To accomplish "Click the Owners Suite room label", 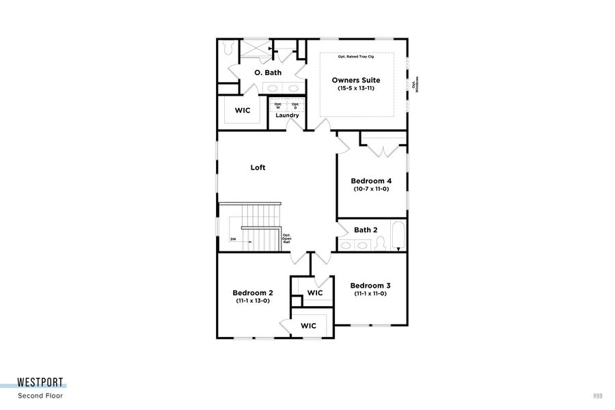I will pyautogui.click(x=356, y=80).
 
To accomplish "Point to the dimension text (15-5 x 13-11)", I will pyautogui.click(x=356, y=89).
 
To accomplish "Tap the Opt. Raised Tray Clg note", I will pyautogui.click(x=356, y=57).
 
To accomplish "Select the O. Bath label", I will pyautogui.click(x=268, y=72).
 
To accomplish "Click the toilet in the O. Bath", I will pyautogui.click(x=228, y=48).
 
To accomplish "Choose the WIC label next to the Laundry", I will pyautogui.click(x=243, y=110).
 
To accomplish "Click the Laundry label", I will pyautogui.click(x=287, y=115).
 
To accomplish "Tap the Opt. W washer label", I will pyautogui.click(x=278, y=106).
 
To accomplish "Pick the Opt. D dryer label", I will pyautogui.click(x=295, y=106).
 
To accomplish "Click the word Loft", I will pyautogui.click(x=258, y=167).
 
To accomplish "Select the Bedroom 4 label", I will pyautogui.click(x=371, y=181).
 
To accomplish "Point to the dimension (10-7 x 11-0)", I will pyautogui.click(x=371, y=189).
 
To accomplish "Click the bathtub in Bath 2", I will pyautogui.click(x=398, y=236).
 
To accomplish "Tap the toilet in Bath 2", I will pyautogui.click(x=381, y=243).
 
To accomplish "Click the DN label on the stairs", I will pyautogui.click(x=233, y=239).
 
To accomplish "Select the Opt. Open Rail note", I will pyautogui.click(x=287, y=238).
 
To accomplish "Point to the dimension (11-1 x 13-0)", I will pyautogui.click(x=254, y=301).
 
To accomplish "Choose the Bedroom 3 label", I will pyautogui.click(x=370, y=285).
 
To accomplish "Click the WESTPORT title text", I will pyautogui.click(x=41, y=384).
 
